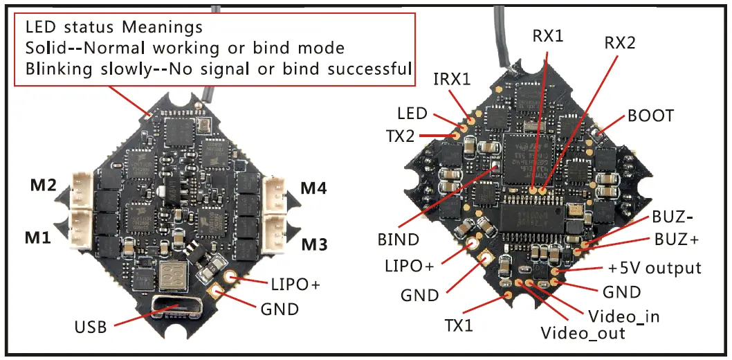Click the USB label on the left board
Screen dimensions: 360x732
91,326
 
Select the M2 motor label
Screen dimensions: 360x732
43,186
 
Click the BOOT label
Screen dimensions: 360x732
650,115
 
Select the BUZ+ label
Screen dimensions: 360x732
677,240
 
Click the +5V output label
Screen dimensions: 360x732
655,267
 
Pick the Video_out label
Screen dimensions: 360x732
583,333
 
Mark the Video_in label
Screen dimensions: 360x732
623,316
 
